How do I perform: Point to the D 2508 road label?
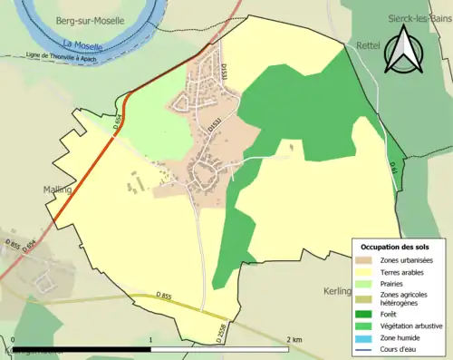pyautogui.click(x=220, y=333)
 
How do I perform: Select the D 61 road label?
pyautogui.click(x=393, y=168)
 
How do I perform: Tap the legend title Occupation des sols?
pyautogui.click(x=396, y=247)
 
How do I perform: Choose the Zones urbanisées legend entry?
pyautogui.click(x=402, y=261)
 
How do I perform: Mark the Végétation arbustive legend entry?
pyautogui.click(x=408, y=316)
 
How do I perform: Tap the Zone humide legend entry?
pyautogui.click(x=399, y=328)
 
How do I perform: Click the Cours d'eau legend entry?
pyautogui.click(x=398, y=340)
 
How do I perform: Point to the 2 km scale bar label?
pyautogui.click(x=294, y=339)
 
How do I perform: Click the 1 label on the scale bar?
pyautogui.click(x=149, y=339)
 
